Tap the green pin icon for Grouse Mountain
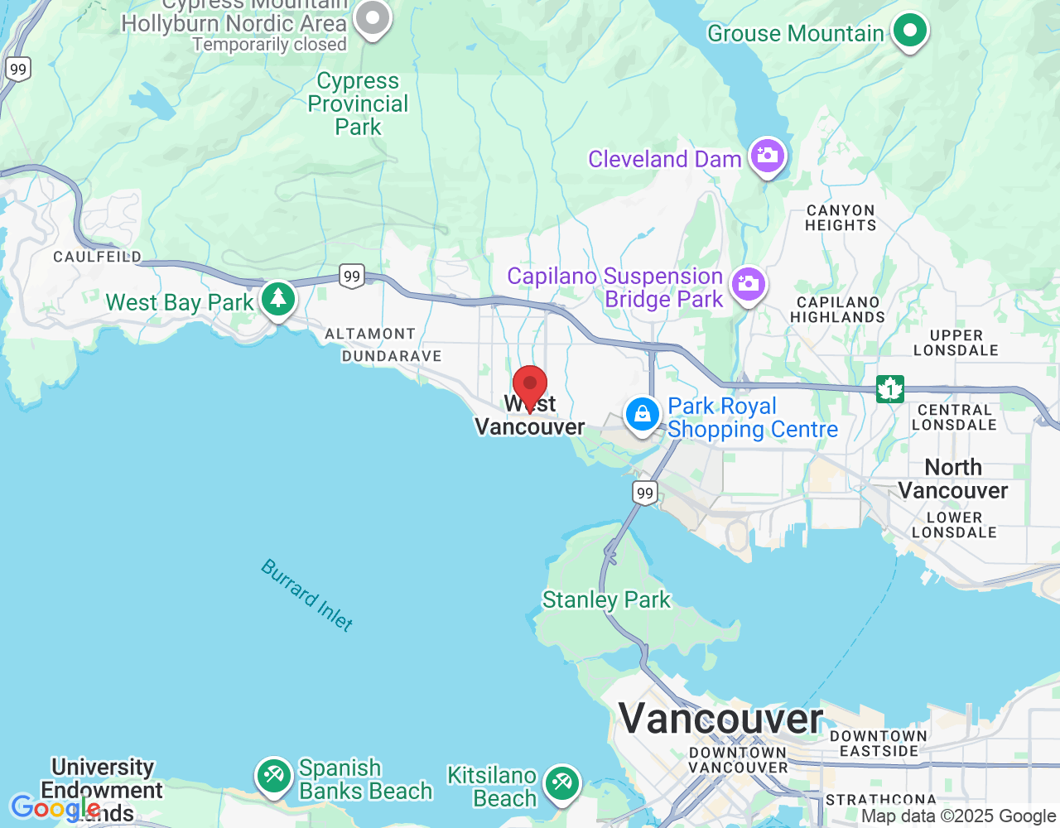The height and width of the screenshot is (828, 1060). [910, 31]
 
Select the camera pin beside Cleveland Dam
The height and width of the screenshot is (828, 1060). [768, 156]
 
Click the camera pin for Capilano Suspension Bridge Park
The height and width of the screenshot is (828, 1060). [749, 285]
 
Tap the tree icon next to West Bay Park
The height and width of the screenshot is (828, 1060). [278, 298]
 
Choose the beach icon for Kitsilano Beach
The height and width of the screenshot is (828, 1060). [562, 782]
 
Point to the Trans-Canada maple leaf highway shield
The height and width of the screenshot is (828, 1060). [890, 388]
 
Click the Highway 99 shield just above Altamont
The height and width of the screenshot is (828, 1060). [352, 277]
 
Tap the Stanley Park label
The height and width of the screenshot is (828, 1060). [606, 599]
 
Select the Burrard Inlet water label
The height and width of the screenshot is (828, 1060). [307, 595]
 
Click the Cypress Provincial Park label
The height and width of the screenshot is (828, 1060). [358, 104]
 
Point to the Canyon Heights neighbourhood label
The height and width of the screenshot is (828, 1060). [841, 218]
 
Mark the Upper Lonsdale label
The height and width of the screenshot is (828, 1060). [956, 343]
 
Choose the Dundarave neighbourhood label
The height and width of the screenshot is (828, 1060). [392, 356]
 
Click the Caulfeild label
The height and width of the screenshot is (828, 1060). [98, 257]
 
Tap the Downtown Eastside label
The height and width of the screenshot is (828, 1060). [879, 744]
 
